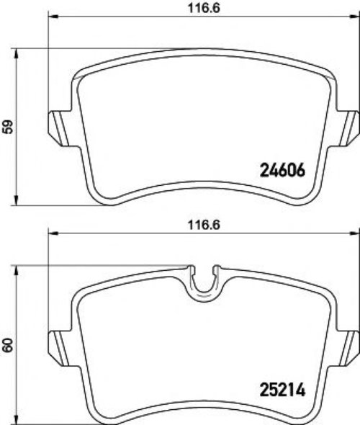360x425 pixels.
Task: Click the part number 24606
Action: click(x=282, y=171)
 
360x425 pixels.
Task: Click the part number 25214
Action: click(x=282, y=390)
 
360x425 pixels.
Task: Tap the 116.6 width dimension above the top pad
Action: click(x=204, y=8)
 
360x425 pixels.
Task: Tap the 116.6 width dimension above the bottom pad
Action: click(x=204, y=225)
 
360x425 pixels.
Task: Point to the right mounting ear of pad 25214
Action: click(x=347, y=349)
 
